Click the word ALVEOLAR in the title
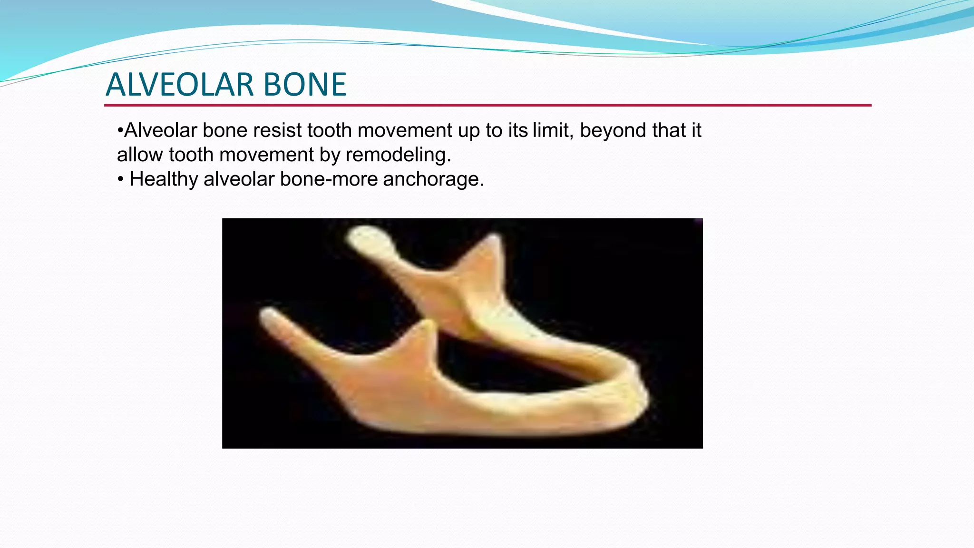click(180, 85)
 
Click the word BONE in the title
click(304, 85)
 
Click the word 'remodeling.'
click(398, 155)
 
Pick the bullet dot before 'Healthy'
click(121, 180)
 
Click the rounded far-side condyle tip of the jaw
click(364, 235)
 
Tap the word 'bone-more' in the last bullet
click(329, 179)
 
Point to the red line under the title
click(487, 105)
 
